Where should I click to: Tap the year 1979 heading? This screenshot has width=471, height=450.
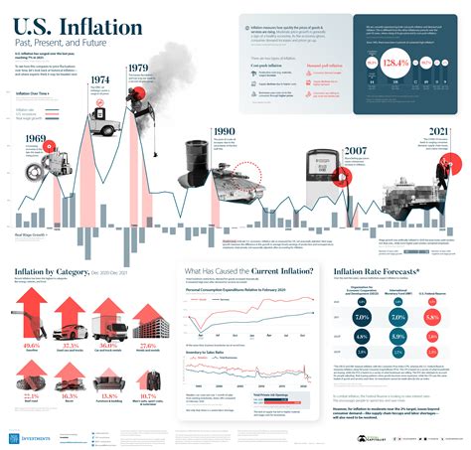[140, 70]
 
